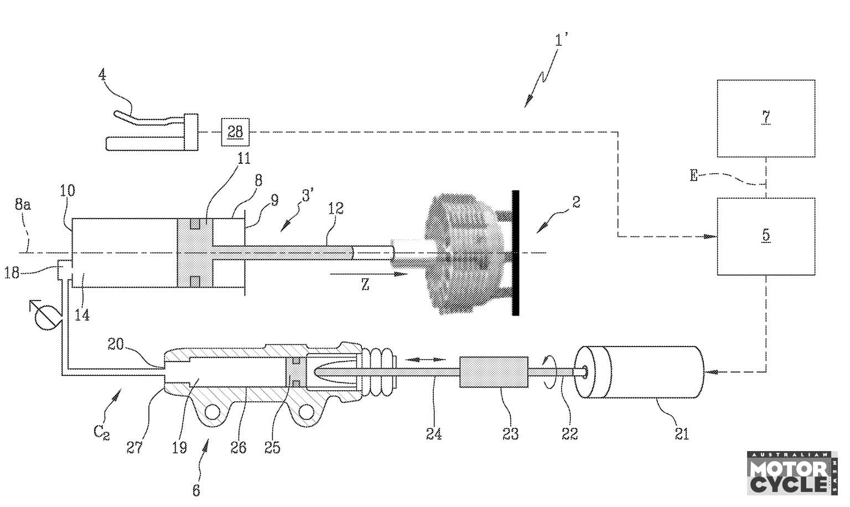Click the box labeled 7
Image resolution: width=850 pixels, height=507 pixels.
[x=766, y=118]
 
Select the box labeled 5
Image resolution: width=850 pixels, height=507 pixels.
[x=766, y=236]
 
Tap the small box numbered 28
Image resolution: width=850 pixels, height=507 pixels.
[x=235, y=132]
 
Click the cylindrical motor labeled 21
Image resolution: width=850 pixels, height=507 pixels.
[x=639, y=372]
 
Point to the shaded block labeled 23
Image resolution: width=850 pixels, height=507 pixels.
[x=494, y=372]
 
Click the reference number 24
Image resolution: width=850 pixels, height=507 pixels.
[x=434, y=433]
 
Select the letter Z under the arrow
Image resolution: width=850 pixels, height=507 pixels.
[x=365, y=284]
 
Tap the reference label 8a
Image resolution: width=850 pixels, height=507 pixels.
[x=23, y=205]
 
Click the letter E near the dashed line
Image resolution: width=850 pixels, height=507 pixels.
[x=693, y=175]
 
